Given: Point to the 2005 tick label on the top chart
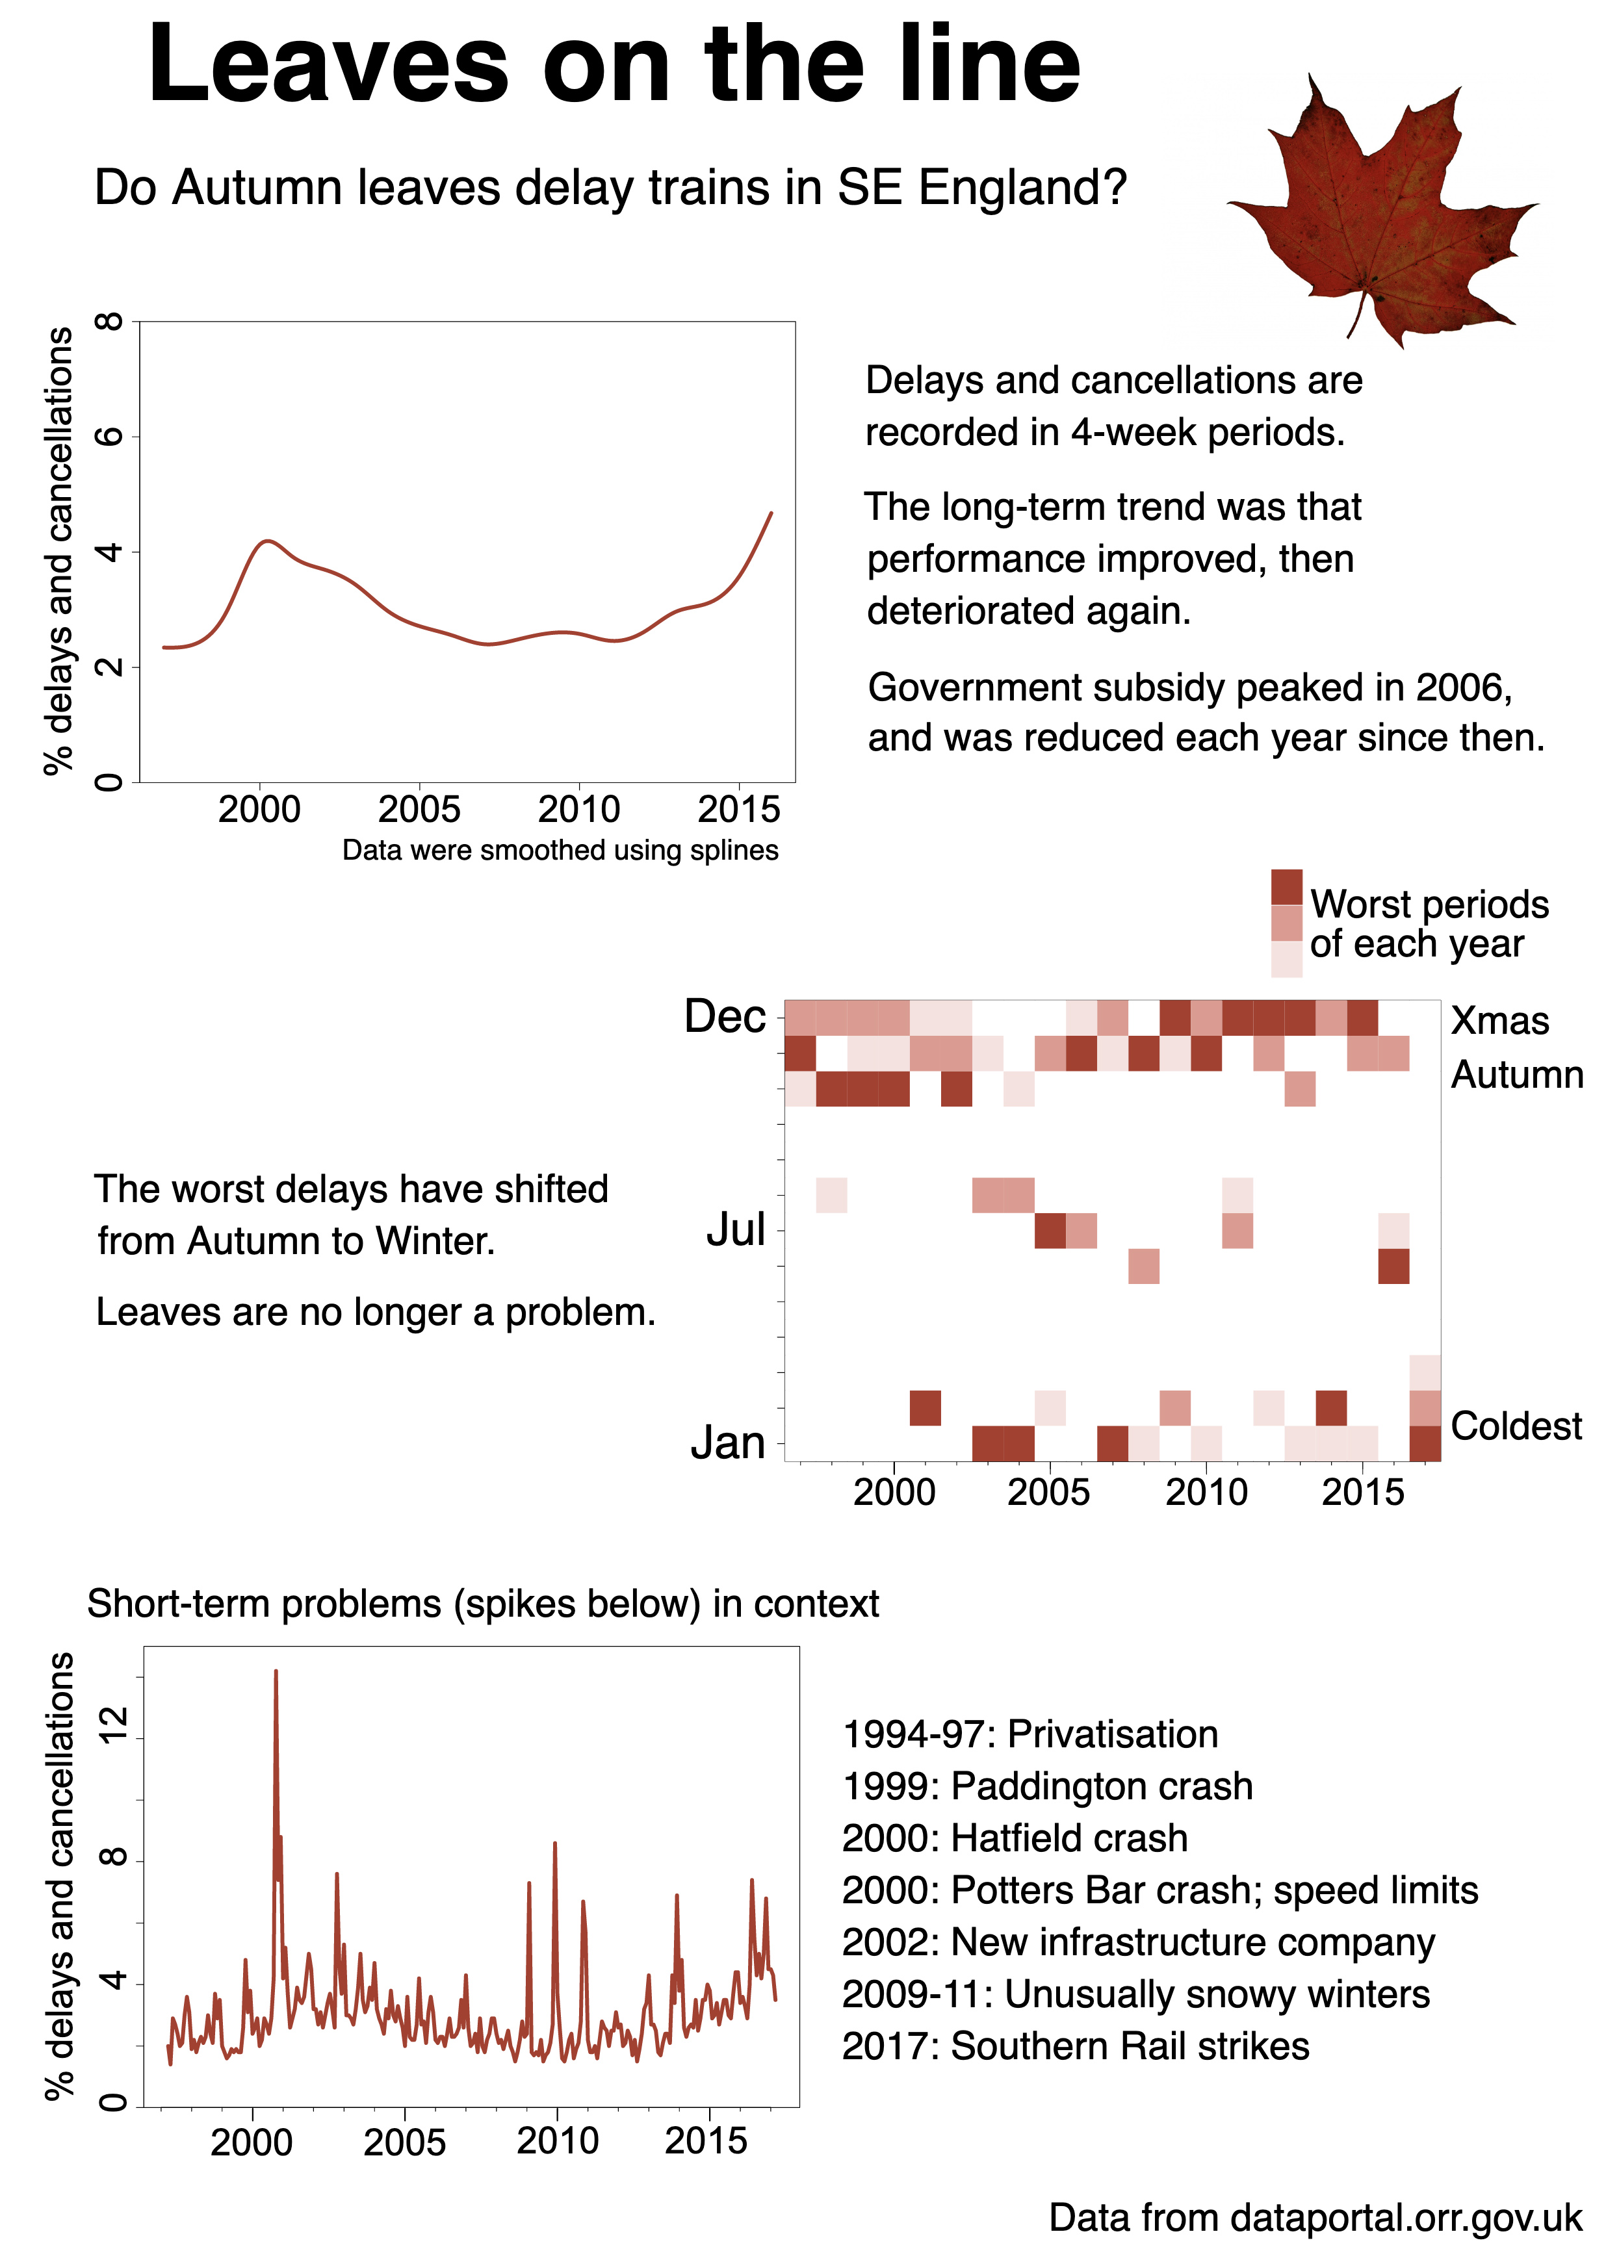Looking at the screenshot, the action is coord(419,810).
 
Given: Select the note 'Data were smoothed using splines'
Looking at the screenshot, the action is coord(560,850).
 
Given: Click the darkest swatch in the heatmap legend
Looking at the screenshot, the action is coord(1286,887).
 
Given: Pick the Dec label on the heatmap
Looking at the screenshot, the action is coord(725,1016).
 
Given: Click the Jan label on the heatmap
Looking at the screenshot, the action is coord(728,1443).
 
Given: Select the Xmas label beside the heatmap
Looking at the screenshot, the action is coord(1500,1020).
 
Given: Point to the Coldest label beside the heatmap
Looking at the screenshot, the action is coord(1516,1426).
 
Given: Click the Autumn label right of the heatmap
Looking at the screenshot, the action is coord(1517,1075).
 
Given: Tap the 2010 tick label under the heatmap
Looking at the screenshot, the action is coord(1206,1492).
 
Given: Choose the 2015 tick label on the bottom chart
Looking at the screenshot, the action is coord(705,2141).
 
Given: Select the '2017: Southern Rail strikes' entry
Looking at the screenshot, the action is coord(1075,2046).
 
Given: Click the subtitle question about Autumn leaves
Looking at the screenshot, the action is coord(610,187).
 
